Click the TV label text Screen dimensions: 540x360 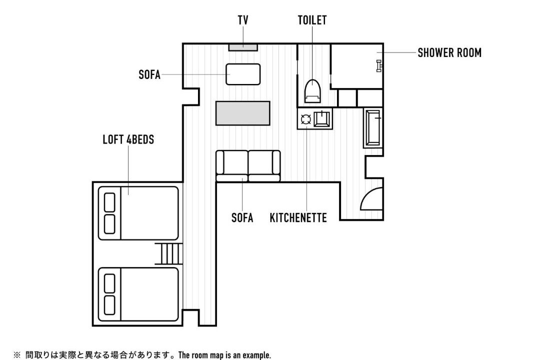243,20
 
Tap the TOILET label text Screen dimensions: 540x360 312,20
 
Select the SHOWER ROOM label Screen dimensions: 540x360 449,52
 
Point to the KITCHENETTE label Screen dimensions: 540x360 298,217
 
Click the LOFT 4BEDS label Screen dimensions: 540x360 128,139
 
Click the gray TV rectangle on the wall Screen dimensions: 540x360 243,47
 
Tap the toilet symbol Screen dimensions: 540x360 312,91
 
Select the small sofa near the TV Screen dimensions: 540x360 243,74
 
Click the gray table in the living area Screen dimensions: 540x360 243,113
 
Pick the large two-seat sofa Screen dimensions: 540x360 248,166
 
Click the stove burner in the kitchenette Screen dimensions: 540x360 306,119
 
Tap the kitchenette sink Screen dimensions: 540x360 322,119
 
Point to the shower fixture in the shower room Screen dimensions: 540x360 379,66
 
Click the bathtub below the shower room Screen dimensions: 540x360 373,128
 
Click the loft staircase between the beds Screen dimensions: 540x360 169,254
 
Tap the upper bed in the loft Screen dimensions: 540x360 138,213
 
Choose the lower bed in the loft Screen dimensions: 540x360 138,294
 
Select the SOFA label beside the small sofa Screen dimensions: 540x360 149,75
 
